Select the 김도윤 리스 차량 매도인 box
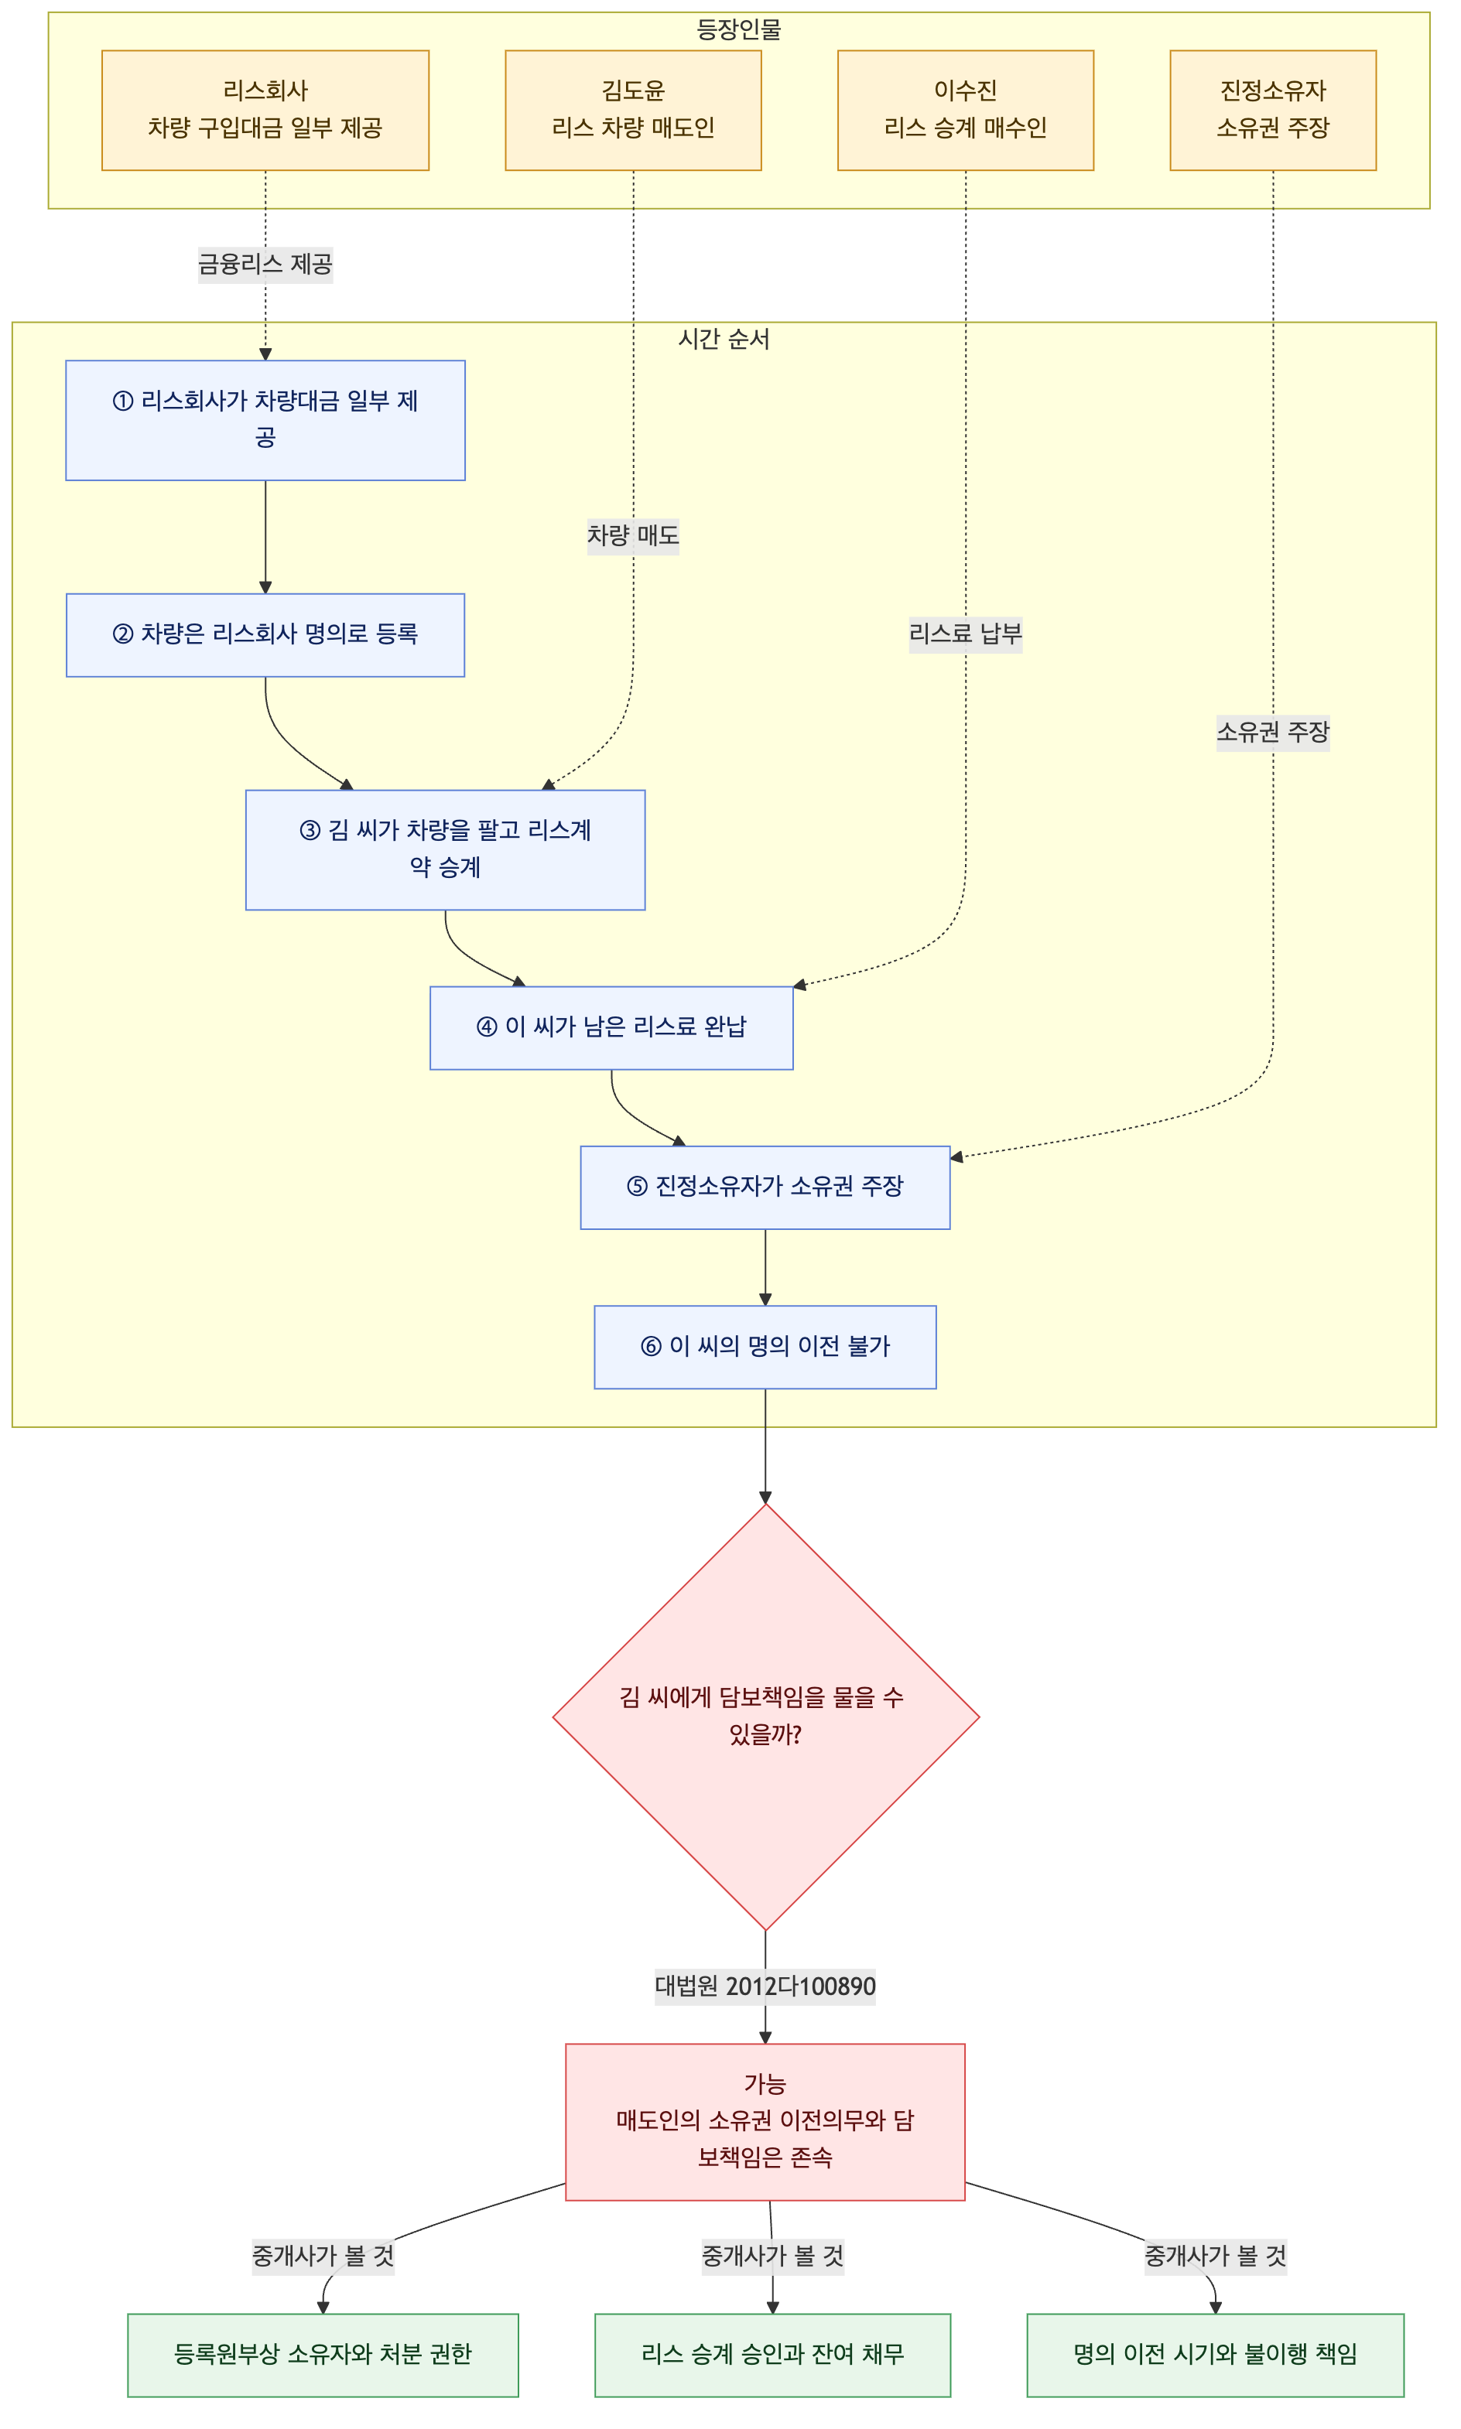point(633,110)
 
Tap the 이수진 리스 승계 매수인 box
point(965,110)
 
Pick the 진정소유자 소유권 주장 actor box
point(1273,110)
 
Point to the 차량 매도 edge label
point(633,535)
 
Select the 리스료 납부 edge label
point(965,634)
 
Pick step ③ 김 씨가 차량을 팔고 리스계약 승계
point(445,849)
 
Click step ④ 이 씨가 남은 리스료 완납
point(611,1027)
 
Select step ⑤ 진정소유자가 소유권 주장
point(765,1187)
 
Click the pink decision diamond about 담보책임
point(765,1717)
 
